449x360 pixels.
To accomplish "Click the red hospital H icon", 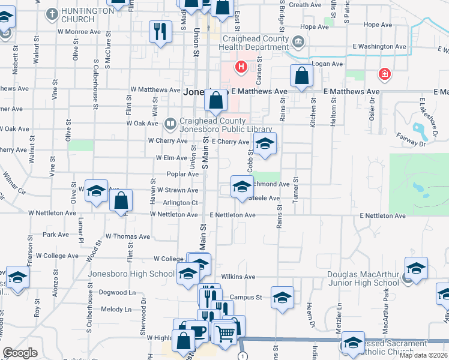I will point(241,67).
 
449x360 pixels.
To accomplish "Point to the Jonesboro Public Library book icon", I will point(170,124).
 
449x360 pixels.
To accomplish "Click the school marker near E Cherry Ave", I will point(264,144).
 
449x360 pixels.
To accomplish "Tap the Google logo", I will point(20,353).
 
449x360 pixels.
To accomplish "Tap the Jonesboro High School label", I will point(131,274).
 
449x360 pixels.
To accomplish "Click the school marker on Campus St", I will point(282,297).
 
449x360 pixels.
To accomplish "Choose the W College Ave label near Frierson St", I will point(57,256).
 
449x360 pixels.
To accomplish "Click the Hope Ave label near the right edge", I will point(378,25).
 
